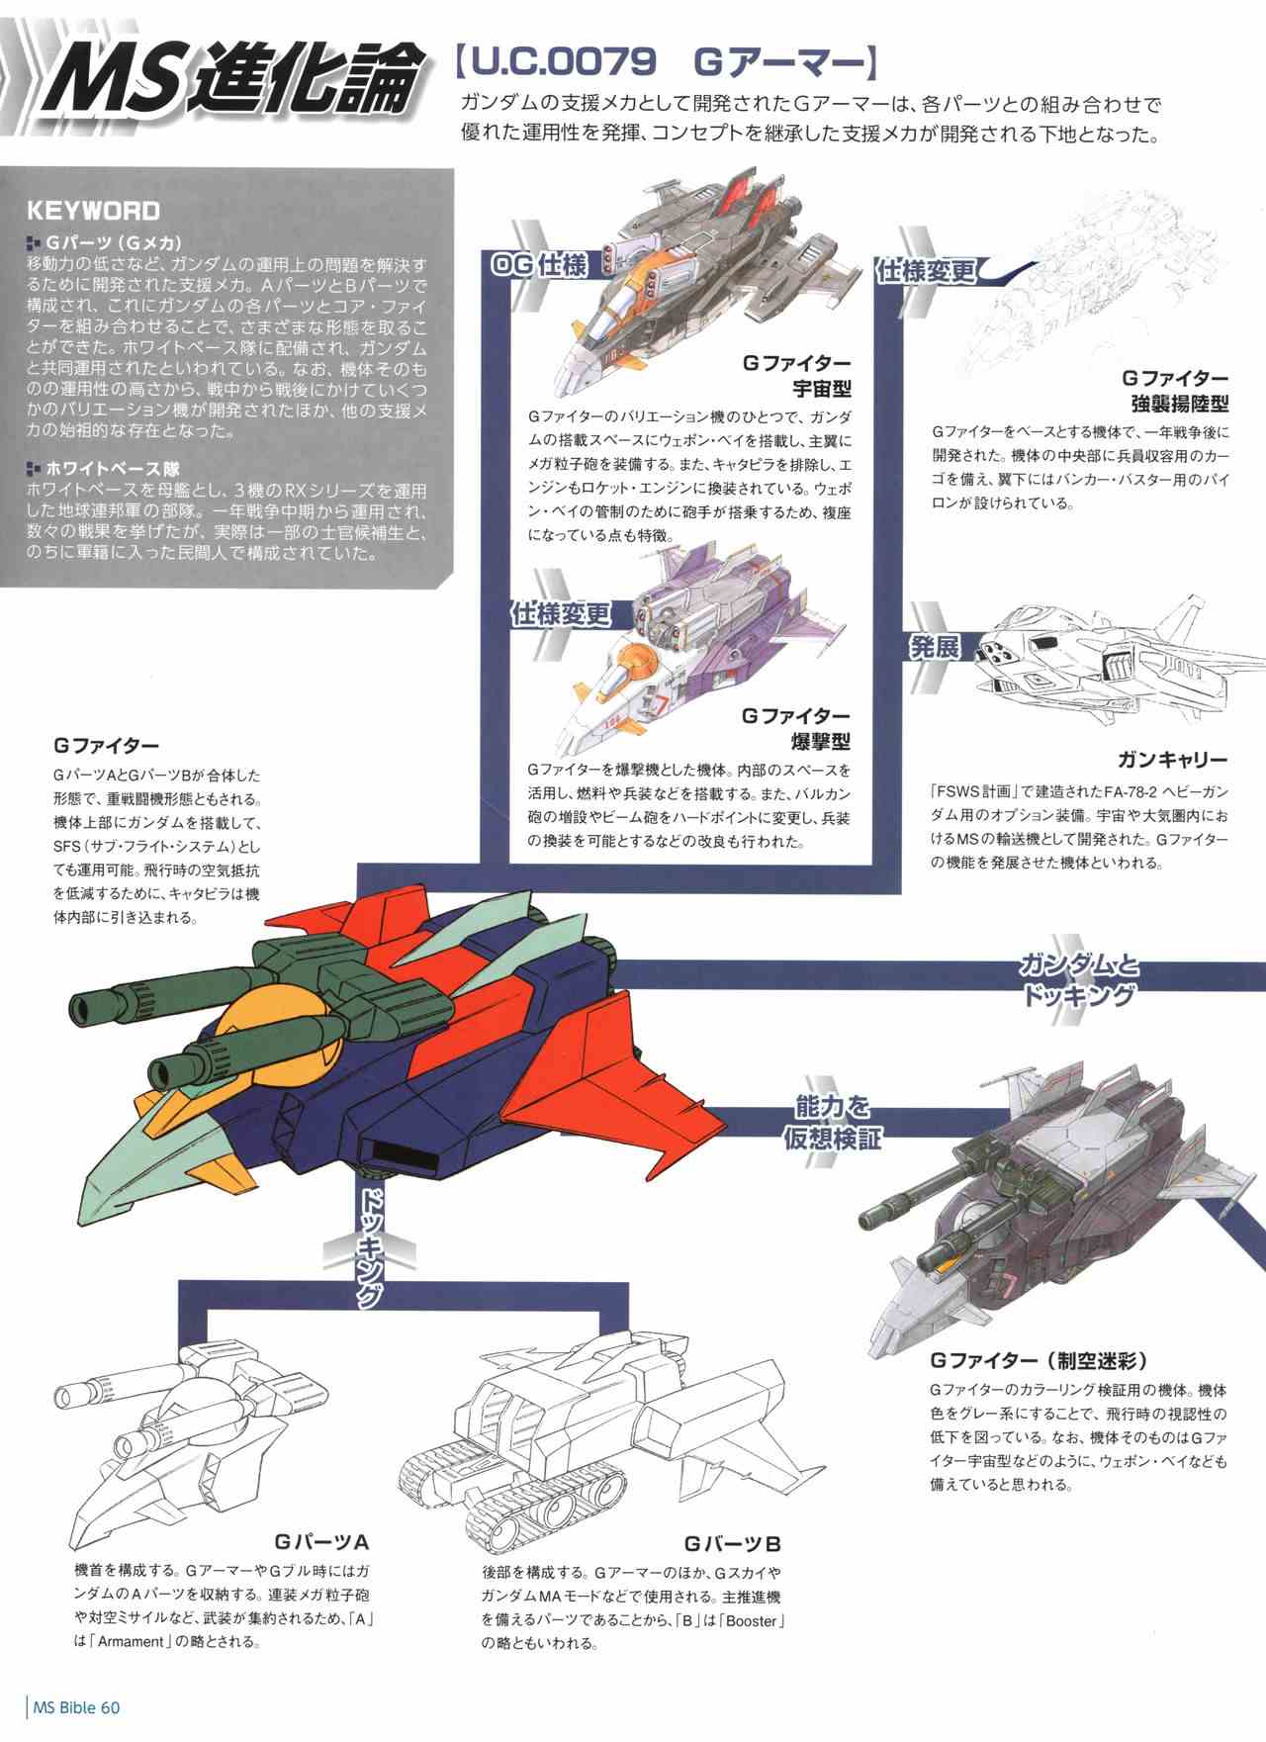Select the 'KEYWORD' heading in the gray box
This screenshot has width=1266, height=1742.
coord(93,210)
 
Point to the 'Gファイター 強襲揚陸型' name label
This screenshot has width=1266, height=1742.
coord(1175,391)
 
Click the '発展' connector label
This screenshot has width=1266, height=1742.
coord(935,648)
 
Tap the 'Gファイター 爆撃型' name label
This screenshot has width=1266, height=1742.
coord(796,728)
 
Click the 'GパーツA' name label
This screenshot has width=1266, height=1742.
coord(322,1541)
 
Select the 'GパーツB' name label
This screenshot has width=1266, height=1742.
coord(733,1543)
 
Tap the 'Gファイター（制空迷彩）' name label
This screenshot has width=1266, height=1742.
coord(1040,1360)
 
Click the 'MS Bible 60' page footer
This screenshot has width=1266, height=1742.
coord(77,1707)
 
